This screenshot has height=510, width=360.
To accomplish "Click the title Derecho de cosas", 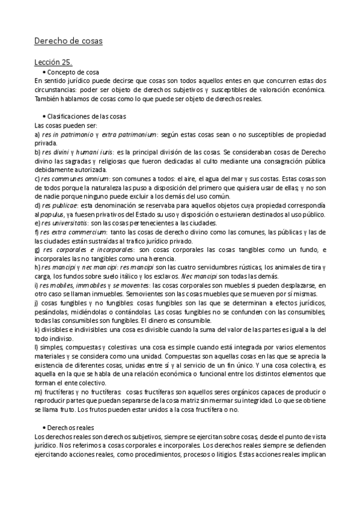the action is click(x=68, y=41).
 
